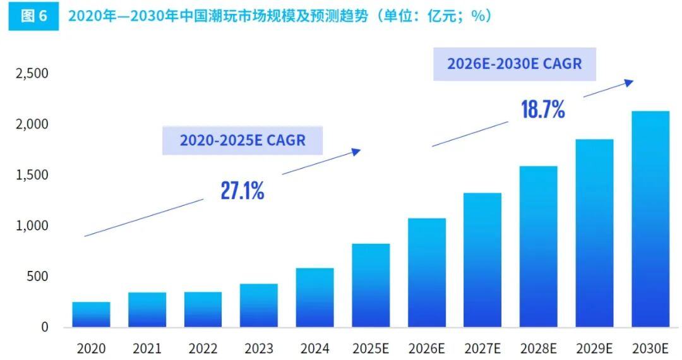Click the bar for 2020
coord(91,315)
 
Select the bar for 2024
coord(314,297)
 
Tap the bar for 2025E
coord(371,285)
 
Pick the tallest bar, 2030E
coord(650,219)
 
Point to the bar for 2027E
coord(482,260)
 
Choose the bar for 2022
coord(203,309)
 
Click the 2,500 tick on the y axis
coord(32,74)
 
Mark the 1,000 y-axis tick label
coord(32,226)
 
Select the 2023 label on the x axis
coord(259,349)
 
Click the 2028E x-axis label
coord(539,349)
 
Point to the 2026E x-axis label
coord(427,349)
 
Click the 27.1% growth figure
coord(242,191)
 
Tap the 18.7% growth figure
coord(542,110)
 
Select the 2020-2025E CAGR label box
coord(242,140)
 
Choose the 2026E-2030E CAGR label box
coord(514,64)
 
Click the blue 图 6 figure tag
coord(34,16)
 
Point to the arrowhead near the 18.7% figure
coord(629,81)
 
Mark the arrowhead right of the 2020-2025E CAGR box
coord(357,151)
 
